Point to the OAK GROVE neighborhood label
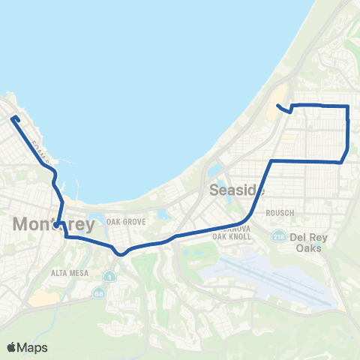pos(124,221)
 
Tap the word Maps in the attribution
pos(34,347)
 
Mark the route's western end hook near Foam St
pos(13,117)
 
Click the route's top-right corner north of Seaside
pos(348,107)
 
